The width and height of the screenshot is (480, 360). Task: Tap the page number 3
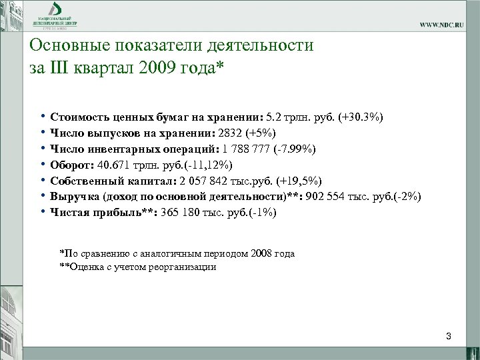[449, 337]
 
